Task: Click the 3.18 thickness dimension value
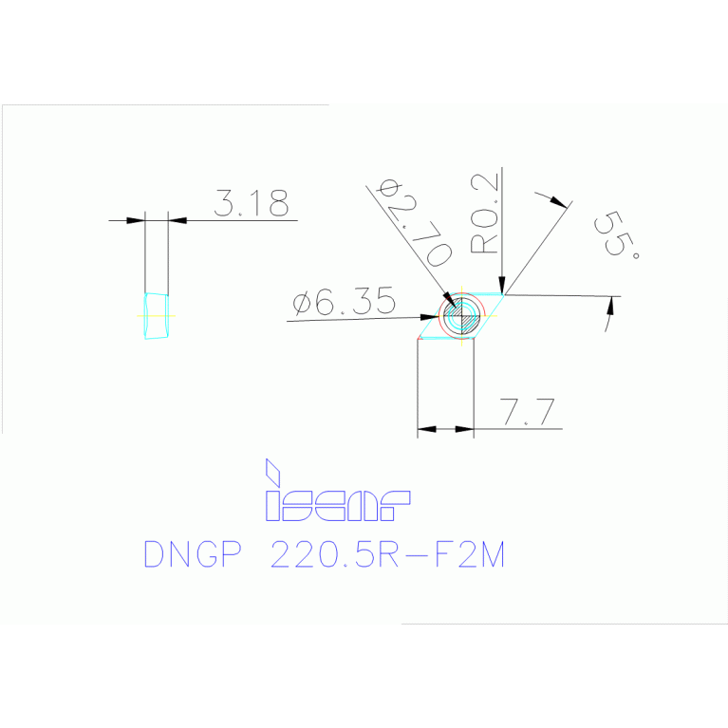click(252, 203)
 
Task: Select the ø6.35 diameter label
click(344, 301)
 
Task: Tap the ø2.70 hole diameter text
click(415, 223)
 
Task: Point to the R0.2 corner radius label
click(484, 214)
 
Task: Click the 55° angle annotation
click(617, 234)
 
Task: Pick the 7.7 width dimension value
click(527, 411)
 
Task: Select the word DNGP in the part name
click(193, 554)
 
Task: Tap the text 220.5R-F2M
click(387, 554)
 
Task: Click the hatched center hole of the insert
click(461, 316)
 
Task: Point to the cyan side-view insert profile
click(156, 316)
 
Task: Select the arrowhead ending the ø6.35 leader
click(429, 317)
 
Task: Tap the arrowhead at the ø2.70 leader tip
click(449, 300)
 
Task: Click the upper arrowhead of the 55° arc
click(558, 202)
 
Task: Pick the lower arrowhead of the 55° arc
click(610, 306)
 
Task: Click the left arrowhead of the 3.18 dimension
click(135, 220)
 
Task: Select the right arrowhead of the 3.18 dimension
click(177, 220)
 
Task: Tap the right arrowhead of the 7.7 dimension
click(464, 429)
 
